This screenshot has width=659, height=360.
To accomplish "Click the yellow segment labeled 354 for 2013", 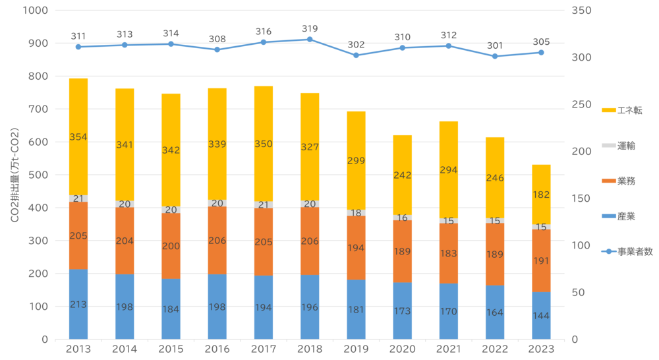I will pos(78,136).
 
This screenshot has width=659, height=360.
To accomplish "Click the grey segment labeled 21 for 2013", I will pos(78,198).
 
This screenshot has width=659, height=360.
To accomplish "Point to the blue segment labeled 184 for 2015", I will pos(171,309).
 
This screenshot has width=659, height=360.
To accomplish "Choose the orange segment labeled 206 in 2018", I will pos(310,241).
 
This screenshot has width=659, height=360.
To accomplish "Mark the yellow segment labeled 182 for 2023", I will pos(541,194).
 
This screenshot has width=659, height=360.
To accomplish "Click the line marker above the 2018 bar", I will pos(310,39).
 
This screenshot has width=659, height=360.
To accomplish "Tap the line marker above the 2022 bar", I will pos(495,56).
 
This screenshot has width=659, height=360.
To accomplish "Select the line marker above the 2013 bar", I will pos(78,47).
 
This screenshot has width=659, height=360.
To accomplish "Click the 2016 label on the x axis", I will pos(217,349).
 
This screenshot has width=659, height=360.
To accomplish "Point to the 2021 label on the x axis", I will pos(449,349).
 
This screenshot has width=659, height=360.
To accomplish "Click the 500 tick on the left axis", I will pos(38,175).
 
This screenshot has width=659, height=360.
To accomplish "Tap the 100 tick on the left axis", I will pos(38,307).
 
